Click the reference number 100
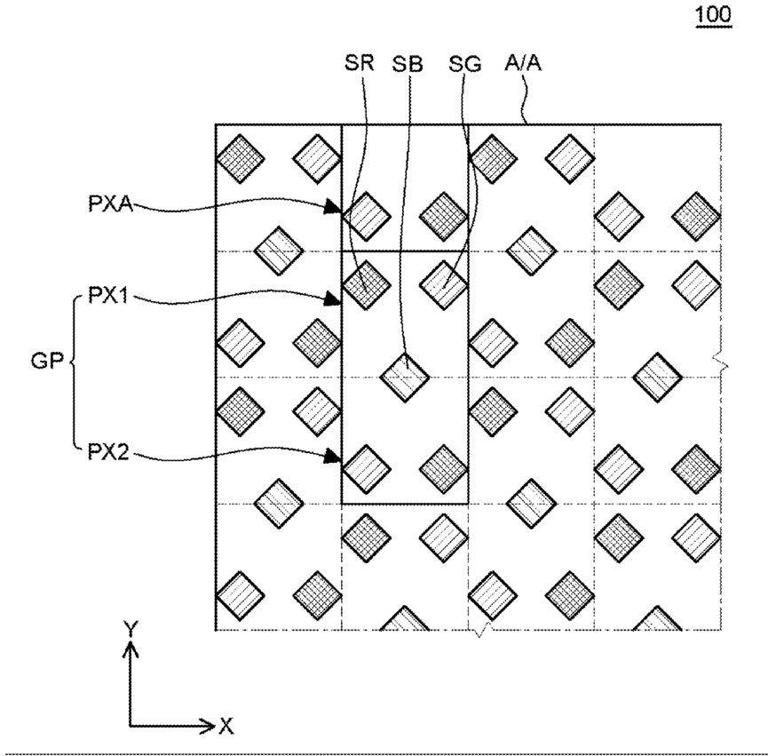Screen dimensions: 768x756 [714, 14]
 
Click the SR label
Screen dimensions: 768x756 [359, 63]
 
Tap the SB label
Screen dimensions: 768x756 [407, 64]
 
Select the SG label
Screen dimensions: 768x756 [465, 64]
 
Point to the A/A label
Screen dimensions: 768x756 [523, 63]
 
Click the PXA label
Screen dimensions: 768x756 [111, 203]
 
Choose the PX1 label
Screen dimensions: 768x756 [107, 296]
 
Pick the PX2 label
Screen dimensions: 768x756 [108, 452]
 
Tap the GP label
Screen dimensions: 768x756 [47, 361]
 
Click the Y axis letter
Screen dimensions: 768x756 [131, 629]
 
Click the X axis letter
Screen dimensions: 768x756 [226, 726]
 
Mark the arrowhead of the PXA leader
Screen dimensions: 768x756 [334, 207]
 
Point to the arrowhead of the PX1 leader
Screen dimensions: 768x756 [334, 298]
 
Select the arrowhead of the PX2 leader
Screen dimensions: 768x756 [334, 457]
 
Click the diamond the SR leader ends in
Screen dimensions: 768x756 [367, 285]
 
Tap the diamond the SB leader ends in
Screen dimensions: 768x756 [405, 378]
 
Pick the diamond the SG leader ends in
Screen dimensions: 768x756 [444, 285]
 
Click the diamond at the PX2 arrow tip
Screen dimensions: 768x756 [367, 469]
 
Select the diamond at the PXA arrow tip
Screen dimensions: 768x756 [367, 216]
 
